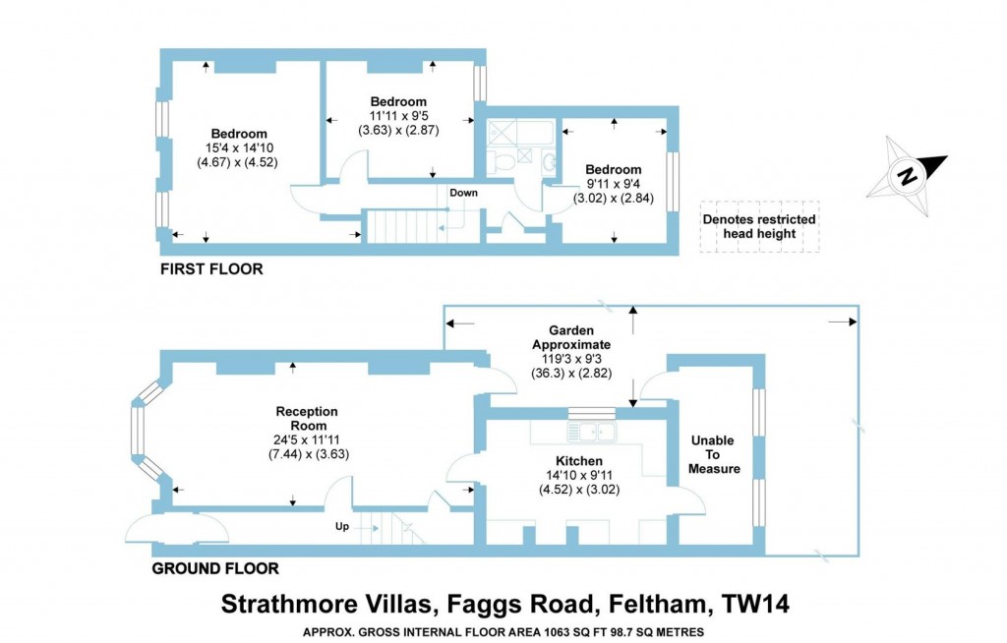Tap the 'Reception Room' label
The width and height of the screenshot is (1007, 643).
click(308, 419)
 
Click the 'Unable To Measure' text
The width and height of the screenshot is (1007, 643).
click(715, 454)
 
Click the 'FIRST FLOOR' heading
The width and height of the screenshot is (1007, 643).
click(211, 268)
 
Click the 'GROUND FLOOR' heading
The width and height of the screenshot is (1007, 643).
click(214, 568)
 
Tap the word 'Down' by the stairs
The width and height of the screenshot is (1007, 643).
click(463, 193)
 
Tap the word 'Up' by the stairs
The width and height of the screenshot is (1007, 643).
click(342, 527)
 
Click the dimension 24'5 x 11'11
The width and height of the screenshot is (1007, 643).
click(308, 439)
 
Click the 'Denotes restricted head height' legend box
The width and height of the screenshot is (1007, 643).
click(759, 226)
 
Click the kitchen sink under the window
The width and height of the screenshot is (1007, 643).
click(596, 431)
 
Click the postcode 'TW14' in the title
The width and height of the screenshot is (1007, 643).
click(754, 602)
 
